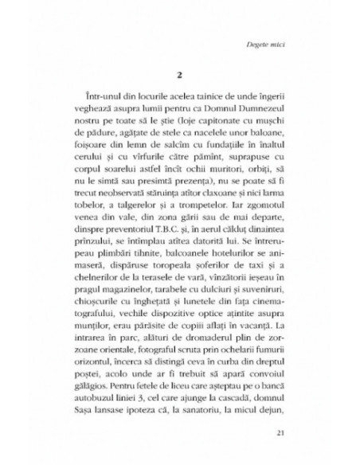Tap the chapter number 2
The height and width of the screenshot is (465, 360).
click(x=179, y=72)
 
